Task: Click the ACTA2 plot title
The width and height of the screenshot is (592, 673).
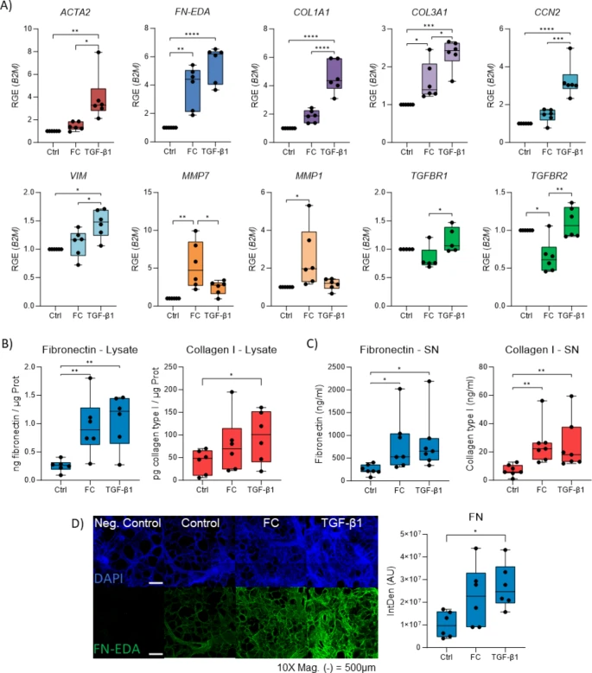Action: click(x=76, y=14)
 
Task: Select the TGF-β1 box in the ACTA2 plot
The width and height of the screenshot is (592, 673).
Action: click(x=101, y=98)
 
